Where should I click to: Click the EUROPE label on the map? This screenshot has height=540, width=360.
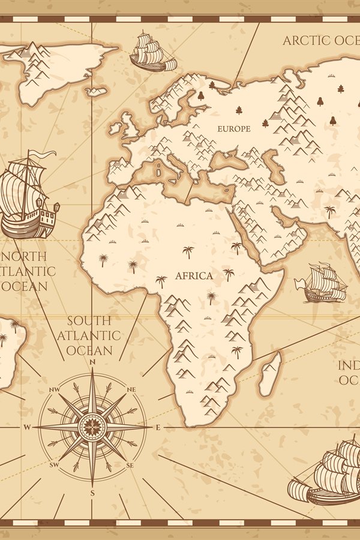[x=234, y=128]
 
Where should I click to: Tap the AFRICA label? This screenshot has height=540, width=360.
[x=194, y=276]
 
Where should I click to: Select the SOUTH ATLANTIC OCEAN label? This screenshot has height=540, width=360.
[x=93, y=335]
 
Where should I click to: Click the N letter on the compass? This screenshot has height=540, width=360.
[x=92, y=362]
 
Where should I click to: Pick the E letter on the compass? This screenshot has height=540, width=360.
[x=158, y=427]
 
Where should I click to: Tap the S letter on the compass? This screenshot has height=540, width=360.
[x=92, y=493]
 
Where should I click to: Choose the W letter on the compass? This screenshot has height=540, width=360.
[x=26, y=427]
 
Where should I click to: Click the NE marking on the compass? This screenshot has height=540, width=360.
[x=131, y=389]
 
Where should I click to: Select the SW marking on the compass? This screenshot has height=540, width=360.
[x=54, y=466]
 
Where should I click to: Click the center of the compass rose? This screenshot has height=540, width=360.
[x=92, y=427]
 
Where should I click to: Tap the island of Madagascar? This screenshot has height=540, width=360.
[x=271, y=373]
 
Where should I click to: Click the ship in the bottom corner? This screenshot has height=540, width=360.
[x=327, y=474]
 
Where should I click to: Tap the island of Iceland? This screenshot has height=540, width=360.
[x=96, y=92]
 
